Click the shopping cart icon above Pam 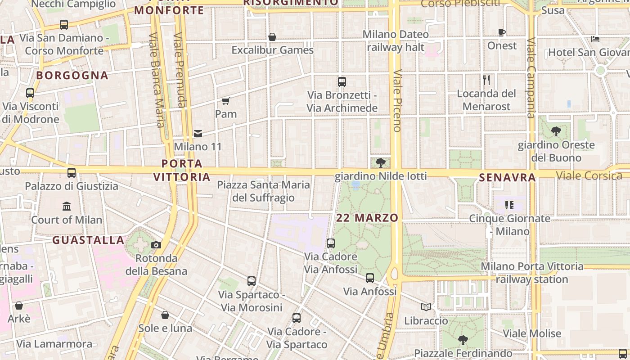click(x=225, y=101)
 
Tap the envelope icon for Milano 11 click(x=198, y=133)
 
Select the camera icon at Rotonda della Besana click(x=156, y=245)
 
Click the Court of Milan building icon click(x=67, y=206)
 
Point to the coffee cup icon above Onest click(x=502, y=32)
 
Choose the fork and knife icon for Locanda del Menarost click(x=486, y=80)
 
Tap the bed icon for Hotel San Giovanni click(x=595, y=39)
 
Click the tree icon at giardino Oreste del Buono click(x=556, y=131)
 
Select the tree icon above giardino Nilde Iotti click(x=380, y=162)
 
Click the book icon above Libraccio click(x=426, y=307)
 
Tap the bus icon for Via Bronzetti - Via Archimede click(x=342, y=82)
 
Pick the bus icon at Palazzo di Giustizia click(x=72, y=172)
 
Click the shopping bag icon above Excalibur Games click(x=272, y=36)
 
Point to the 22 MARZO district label click(x=367, y=218)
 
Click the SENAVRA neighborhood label click(x=507, y=178)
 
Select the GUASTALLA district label click(x=88, y=240)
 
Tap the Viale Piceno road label click(x=396, y=100)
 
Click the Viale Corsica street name click(x=589, y=175)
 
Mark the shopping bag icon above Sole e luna click(x=165, y=315)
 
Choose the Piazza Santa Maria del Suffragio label click(x=263, y=191)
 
